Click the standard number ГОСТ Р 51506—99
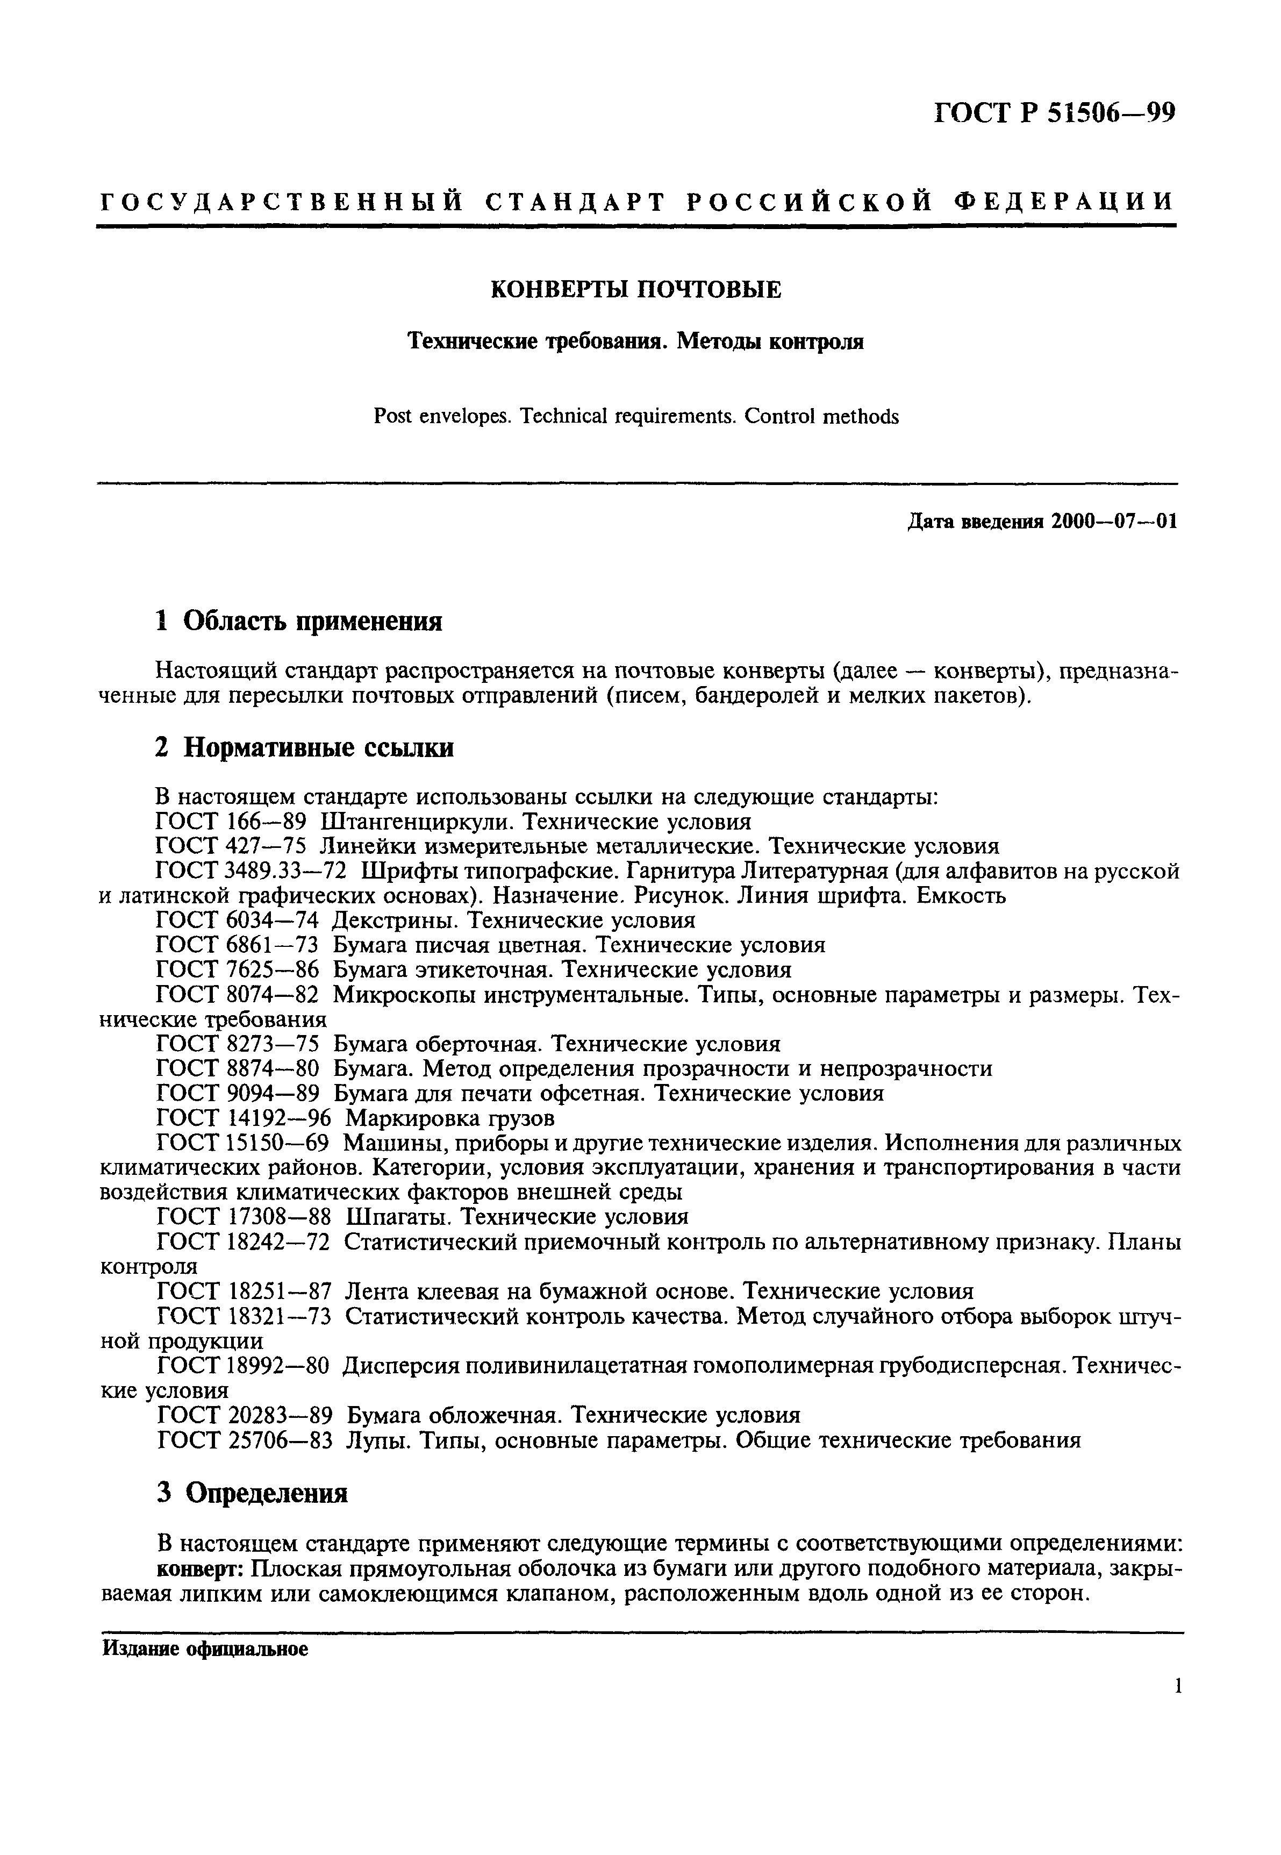tap(1054, 113)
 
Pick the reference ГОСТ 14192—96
tap(244, 1118)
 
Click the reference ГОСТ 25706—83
tap(244, 1441)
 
